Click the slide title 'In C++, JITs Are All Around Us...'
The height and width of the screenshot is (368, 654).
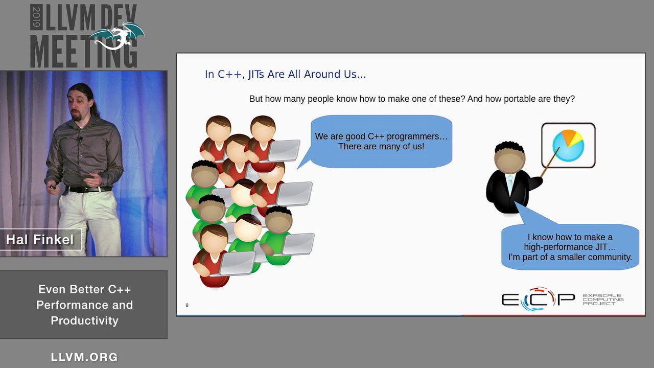click(285, 74)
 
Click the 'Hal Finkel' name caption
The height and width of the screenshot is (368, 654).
click(40, 240)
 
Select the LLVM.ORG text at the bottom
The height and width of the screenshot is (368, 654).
click(84, 357)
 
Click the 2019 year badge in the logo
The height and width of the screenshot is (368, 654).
click(36, 17)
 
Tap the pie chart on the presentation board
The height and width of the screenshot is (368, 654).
click(568, 146)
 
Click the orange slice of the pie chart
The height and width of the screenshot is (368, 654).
click(569, 136)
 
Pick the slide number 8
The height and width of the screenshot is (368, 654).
click(187, 305)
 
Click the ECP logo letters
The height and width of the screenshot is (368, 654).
click(538, 299)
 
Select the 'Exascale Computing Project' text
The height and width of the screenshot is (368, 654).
click(603, 300)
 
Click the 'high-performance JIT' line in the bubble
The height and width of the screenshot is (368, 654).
click(570, 247)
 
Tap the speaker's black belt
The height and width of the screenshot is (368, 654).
click(89, 189)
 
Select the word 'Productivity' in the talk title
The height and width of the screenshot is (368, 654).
click(85, 320)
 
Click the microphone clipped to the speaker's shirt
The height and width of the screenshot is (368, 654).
click(79, 139)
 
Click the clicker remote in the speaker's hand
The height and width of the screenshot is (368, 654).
click(53, 187)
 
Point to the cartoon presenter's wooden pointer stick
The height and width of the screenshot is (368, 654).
click(550, 162)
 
